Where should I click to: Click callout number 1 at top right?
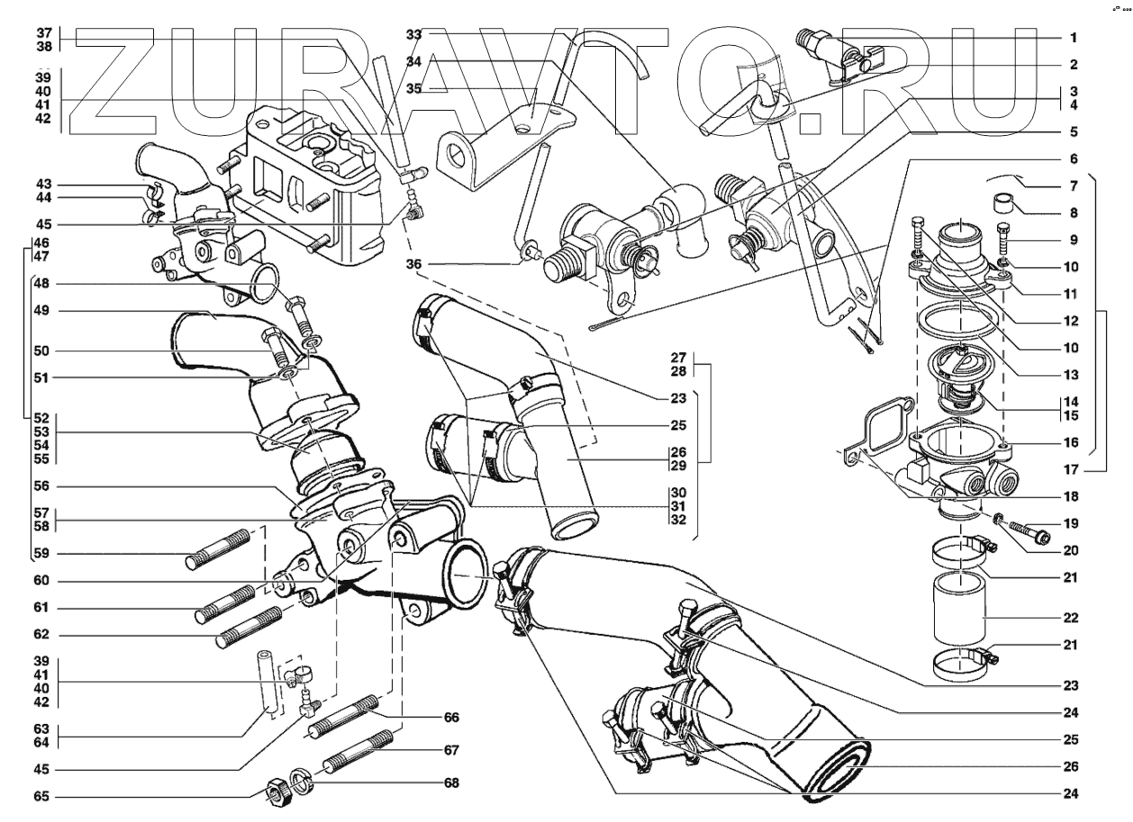(x=1074, y=39)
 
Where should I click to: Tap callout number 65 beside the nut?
(x=42, y=797)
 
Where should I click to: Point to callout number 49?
(x=42, y=312)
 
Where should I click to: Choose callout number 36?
(x=414, y=264)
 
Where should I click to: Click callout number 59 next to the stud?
(x=42, y=552)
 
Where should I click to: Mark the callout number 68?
(x=450, y=783)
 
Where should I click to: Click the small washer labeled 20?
(x=999, y=518)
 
